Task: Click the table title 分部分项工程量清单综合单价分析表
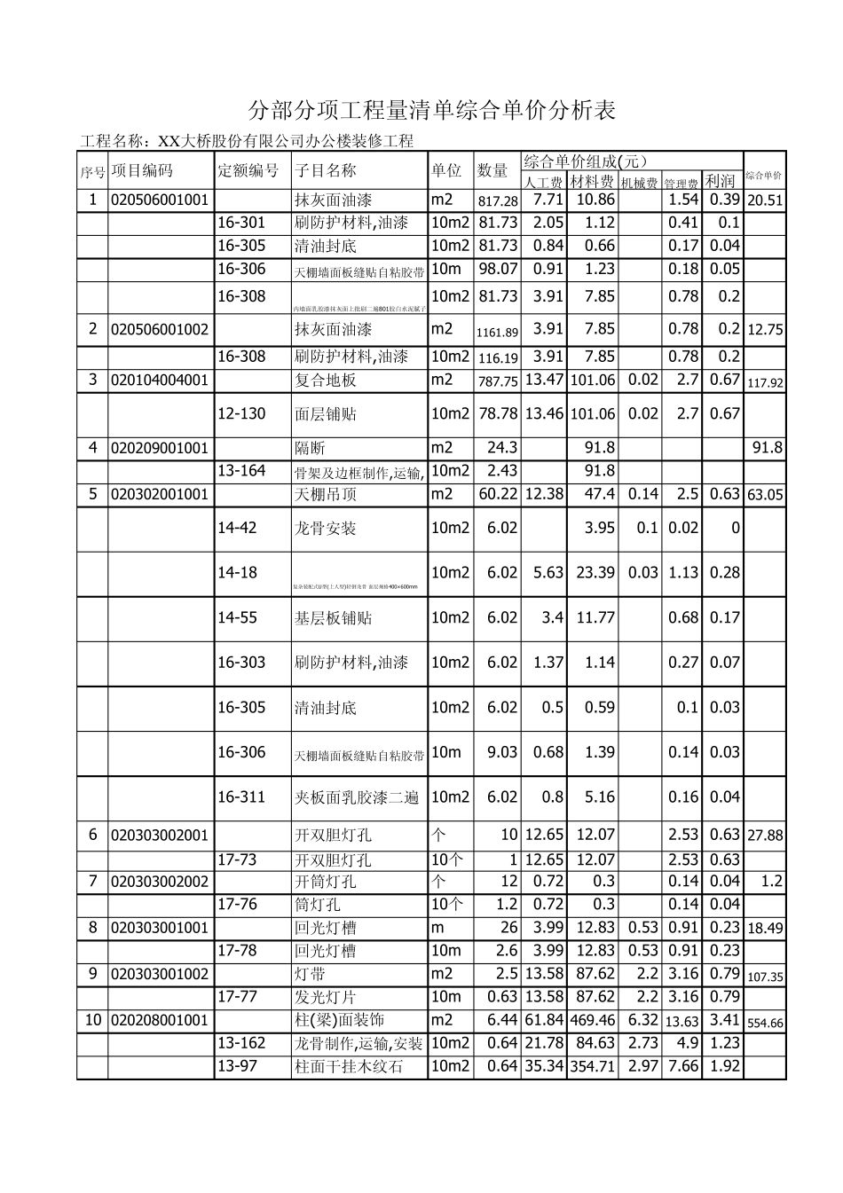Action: coord(432,111)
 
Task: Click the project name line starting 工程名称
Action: coord(247,141)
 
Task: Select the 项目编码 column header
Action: coord(142,170)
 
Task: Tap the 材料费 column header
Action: coord(592,182)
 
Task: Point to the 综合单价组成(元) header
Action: coord(586,161)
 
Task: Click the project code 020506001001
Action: coord(160,200)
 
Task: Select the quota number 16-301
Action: coord(241,223)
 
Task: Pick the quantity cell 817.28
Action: coord(497,201)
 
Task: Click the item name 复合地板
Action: coord(326,381)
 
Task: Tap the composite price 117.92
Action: coord(764,383)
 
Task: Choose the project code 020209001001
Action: coord(160,448)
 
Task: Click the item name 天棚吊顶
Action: coord(326,494)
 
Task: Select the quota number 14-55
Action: coord(237,617)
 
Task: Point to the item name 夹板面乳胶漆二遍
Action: coord(357,797)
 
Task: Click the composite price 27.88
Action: coord(765,836)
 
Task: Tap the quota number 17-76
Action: coord(237,904)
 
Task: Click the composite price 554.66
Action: coord(764,1023)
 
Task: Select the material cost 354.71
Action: coord(592,1067)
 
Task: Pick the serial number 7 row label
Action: coord(92,881)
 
